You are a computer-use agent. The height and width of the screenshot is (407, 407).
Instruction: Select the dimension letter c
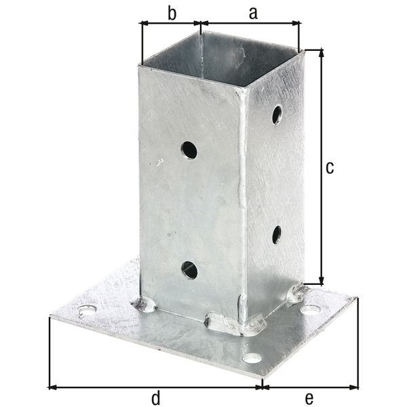[x=330, y=168]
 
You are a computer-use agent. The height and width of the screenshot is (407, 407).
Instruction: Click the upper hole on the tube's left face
[x=189, y=150]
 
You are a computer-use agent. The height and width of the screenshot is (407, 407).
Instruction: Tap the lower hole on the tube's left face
[x=189, y=270]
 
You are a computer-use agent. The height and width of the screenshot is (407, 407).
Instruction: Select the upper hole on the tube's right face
[x=277, y=115]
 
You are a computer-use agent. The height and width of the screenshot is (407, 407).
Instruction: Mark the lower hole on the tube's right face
[x=277, y=235]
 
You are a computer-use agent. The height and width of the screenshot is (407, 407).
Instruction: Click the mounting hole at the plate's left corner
[x=87, y=312]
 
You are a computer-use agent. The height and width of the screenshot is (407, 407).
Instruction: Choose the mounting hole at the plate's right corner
[x=311, y=310]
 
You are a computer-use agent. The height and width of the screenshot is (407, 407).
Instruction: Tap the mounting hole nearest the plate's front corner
[x=252, y=357]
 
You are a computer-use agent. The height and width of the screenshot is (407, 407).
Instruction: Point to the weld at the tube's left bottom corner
[x=144, y=305]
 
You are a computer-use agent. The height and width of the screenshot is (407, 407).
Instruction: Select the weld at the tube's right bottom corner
[x=297, y=293]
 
